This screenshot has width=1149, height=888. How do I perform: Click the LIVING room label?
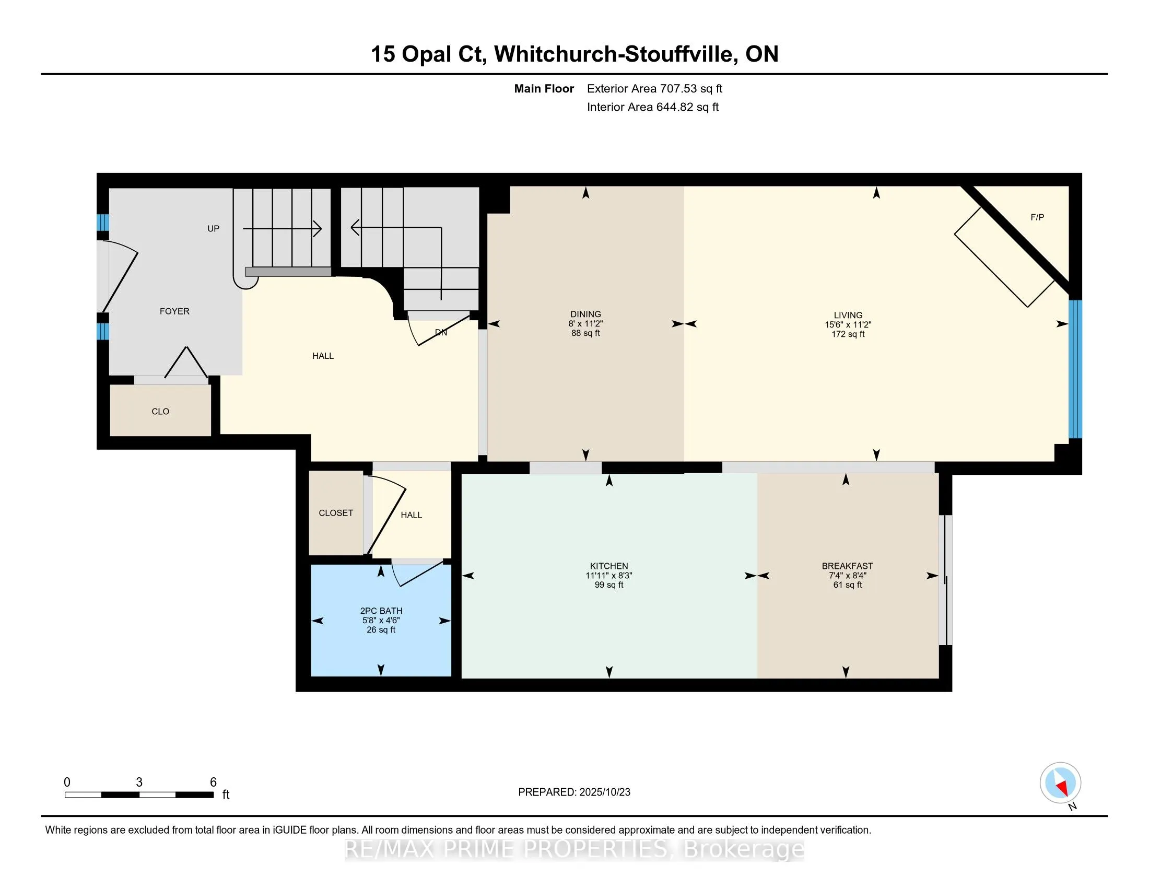(x=848, y=315)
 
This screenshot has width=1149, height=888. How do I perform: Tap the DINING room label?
(x=585, y=314)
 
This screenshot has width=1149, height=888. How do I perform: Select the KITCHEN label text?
(x=608, y=566)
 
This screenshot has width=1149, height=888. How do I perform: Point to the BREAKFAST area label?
(x=847, y=566)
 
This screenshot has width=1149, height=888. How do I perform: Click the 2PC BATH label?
(x=381, y=611)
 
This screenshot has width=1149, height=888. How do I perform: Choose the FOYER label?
(x=174, y=311)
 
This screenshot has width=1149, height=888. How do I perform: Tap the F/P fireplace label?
(x=1037, y=217)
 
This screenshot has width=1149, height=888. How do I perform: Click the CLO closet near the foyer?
(x=160, y=412)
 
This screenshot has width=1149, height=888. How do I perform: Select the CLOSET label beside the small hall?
(x=336, y=513)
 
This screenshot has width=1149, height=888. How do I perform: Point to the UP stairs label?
(x=213, y=228)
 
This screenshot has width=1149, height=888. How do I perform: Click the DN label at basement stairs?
(x=441, y=332)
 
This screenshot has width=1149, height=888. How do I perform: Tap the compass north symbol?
(x=1060, y=782)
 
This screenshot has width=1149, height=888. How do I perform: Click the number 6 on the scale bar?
(x=213, y=782)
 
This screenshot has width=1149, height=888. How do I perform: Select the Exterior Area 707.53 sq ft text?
(x=654, y=88)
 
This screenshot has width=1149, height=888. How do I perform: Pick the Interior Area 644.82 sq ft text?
(x=652, y=107)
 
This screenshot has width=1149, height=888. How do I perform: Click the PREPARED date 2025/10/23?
(x=574, y=792)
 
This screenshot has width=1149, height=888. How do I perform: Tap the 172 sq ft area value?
(x=848, y=334)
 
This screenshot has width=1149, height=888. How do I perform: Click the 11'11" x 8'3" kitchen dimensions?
(x=608, y=576)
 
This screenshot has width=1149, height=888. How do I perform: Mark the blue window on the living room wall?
(x=1075, y=369)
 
